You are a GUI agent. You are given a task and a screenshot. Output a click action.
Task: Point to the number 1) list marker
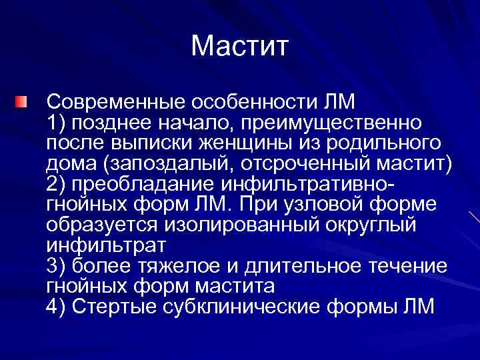point(56,123)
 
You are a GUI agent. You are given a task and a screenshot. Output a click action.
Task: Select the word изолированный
point(237,224)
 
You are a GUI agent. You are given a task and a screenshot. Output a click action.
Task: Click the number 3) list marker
point(56,265)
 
